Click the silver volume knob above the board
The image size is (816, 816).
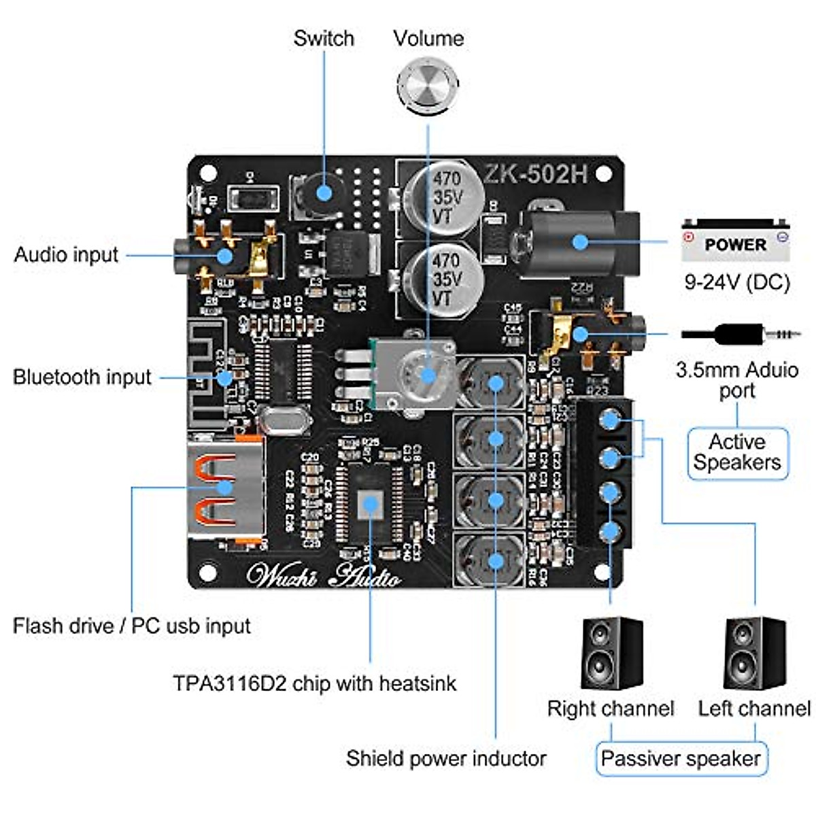click(x=428, y=86)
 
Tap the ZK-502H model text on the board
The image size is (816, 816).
click(x=536, y=174)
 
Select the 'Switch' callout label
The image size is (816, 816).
click(x=324, y=38)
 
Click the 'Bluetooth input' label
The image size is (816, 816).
click(x=82, y=377)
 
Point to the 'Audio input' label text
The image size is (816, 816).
click(x=67, y=254)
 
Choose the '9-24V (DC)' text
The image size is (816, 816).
click(x=737, y=282)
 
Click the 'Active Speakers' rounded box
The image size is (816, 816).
click(x=738, y=453)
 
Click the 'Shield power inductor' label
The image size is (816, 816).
click(x=446, y=758)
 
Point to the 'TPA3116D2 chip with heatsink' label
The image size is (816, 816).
click(x=315, y=683)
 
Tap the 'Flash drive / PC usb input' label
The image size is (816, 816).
click(x=132, y=626)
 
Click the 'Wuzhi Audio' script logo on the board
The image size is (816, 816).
click(x=324, y=575)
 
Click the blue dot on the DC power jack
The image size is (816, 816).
click(x=579, y=241)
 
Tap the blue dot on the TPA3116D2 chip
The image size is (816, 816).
click(x=370, y=503)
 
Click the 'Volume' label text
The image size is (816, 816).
click(x=428, y=38)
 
